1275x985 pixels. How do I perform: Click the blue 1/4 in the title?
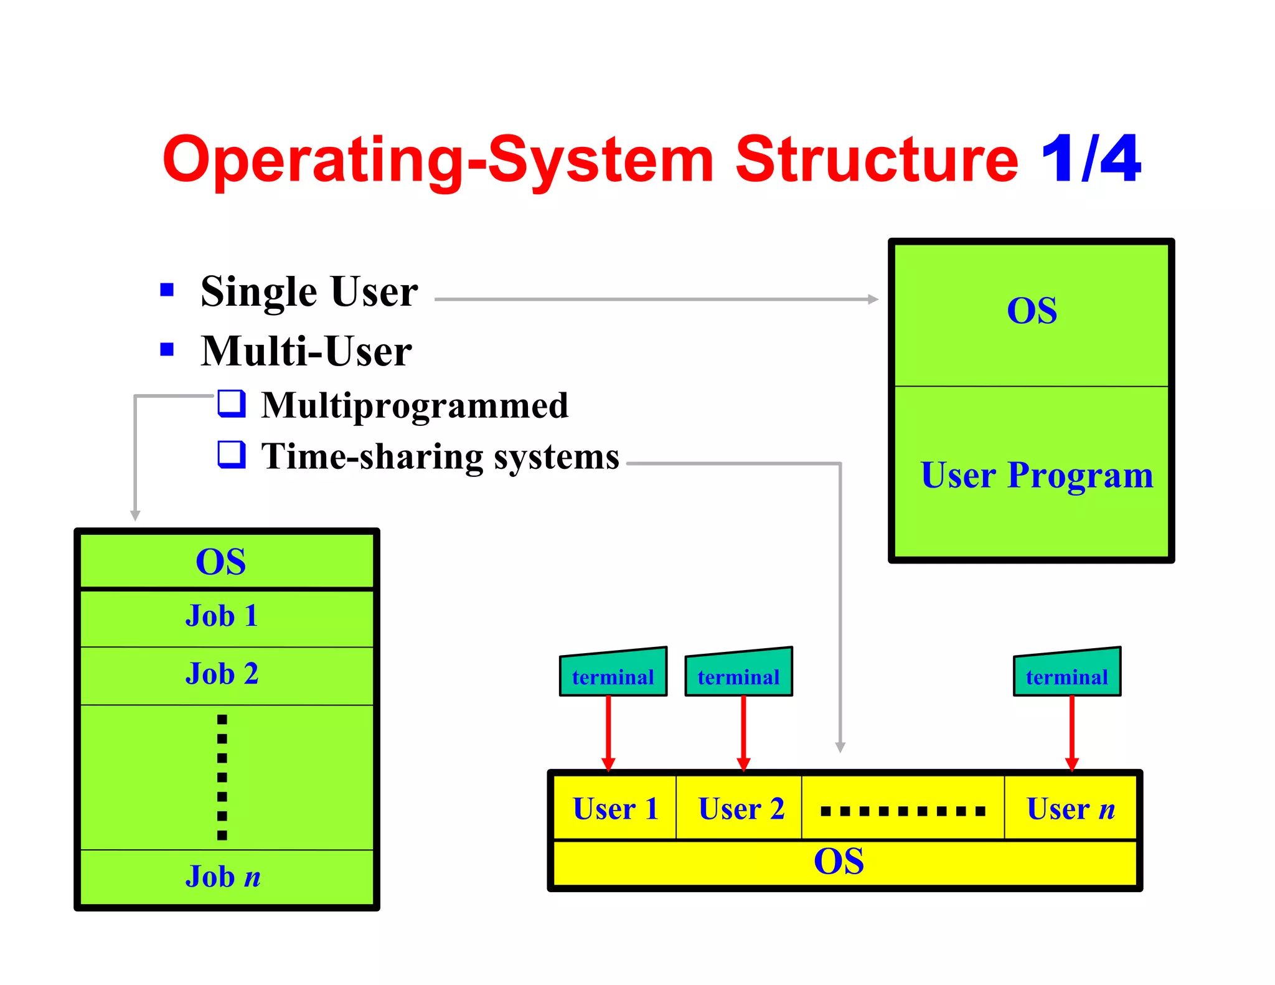tap(1090, 159)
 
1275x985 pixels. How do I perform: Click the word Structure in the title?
tap(876, 159)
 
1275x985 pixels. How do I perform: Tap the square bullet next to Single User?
tap(167, 290)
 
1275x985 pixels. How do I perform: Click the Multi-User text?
tap(306, 351)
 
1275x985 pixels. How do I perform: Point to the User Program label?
tap(1037, 475)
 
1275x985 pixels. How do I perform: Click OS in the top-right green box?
tap(1032, 310)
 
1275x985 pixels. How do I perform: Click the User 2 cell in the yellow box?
tap(741, 809)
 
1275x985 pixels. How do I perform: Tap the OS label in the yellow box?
tap(839, 862)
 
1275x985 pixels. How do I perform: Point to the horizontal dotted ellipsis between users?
tap(903, 811)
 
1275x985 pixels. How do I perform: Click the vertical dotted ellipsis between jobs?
tap(222, 777)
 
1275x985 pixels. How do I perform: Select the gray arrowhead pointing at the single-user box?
tap(873, 299)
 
